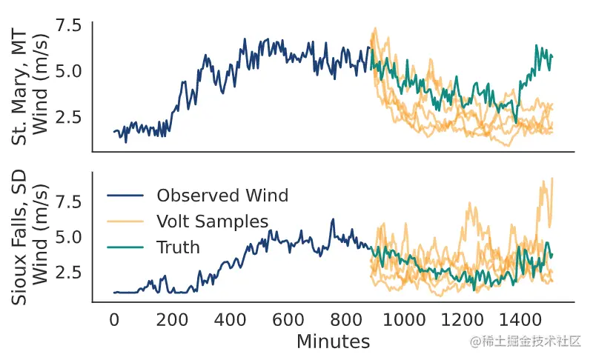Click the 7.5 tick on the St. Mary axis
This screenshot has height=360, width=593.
click(x=67, y=26)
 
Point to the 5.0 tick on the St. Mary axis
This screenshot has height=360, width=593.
click(x=67, y=71)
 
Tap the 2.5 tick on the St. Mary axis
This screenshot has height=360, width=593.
click(x=67, y=117)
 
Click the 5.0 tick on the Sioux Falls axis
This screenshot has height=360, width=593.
click(x=67, y=237)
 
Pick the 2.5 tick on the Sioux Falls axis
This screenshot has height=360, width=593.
click(x=67, y=272)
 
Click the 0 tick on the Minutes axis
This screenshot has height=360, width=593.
click(x=114, y=319)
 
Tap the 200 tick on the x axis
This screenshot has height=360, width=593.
click(x=172, y=319)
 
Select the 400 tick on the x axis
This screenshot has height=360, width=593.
click(x=231, y=319)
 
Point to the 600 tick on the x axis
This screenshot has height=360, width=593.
click(x=288, y=319)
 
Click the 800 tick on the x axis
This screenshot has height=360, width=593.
click(x=346, y=319)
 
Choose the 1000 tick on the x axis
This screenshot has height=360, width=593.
click(x=404, y=319)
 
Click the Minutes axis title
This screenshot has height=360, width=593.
click(x=333, y=341)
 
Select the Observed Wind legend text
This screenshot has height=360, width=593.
click(x=222, y=196)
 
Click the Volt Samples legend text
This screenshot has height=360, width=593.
click(x=212, y=221)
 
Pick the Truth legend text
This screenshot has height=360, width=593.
click(x=178, y=247)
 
